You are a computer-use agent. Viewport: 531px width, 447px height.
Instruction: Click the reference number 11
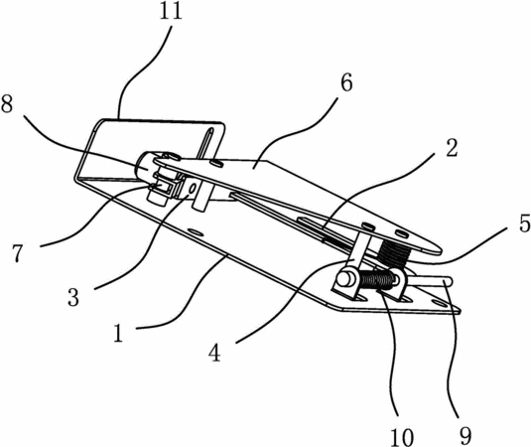coord(171,11)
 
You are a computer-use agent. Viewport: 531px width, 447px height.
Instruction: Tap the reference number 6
coord(346,82)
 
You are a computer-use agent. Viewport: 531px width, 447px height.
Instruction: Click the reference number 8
coord(7,103)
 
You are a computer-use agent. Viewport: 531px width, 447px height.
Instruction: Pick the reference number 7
coord(18,253)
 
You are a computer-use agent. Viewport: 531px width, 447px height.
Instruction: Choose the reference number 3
coord(73,297)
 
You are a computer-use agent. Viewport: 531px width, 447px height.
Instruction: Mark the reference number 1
coord(118,332)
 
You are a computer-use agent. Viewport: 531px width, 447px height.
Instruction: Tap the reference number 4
coord(214,353)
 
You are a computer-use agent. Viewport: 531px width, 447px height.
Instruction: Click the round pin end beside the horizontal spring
coord(345,280)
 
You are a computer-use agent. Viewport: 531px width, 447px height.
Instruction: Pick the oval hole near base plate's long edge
coord(197,232)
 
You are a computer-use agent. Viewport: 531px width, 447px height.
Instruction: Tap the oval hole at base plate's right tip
coord(441,302)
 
